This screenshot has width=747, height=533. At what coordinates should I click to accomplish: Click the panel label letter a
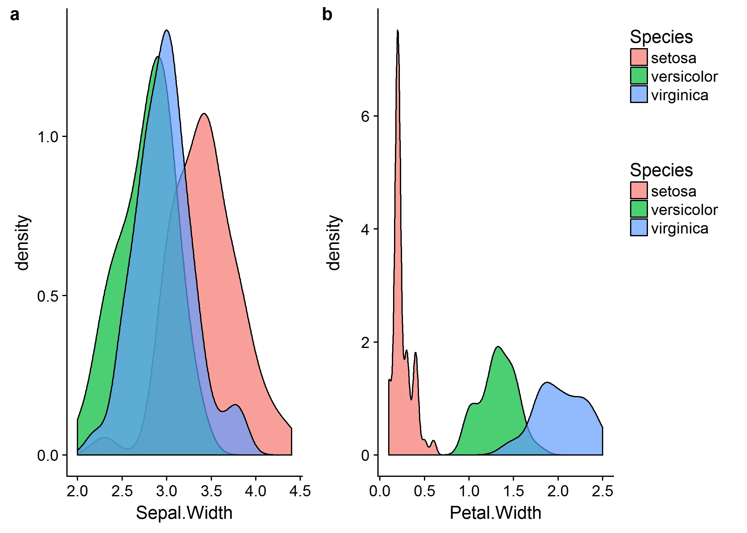tap(15, 15)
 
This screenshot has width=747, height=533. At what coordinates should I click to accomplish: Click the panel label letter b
tap(327, 15)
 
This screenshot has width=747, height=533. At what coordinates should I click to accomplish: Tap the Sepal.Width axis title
tap(184, 513)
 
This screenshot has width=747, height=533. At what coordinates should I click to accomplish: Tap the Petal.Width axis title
tap(495, 513)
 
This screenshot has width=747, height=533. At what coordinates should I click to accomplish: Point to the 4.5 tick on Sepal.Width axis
tap(300, 491)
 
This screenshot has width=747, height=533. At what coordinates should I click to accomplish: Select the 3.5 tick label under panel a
tap(211, 491)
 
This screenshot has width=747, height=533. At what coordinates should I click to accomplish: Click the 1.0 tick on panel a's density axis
tap(48, 137)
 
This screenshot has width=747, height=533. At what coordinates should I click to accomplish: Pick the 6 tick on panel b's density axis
tap(365, 116)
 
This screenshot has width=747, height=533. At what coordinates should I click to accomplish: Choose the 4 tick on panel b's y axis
tap(365, 229)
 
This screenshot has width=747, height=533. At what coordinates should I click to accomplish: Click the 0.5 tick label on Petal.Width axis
tap(424, 491)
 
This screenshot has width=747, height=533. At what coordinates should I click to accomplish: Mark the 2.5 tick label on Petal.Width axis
tap(602, 491)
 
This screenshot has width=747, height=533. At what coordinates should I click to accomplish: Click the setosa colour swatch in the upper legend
tap(639, 57)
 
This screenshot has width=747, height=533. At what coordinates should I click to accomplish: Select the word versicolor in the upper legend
tap(684, 76)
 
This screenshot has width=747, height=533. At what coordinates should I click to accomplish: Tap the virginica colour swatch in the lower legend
tap(639, 227)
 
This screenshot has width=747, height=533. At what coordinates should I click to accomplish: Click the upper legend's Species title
tap(661, 37)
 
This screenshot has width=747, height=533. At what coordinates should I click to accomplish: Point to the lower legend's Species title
tap(661, 170)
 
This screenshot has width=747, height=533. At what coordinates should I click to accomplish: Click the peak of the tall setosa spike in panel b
tap(398, 31)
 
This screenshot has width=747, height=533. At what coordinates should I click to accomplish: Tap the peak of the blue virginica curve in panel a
tap(167, 31)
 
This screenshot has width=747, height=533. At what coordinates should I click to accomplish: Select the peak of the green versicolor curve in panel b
tap(498, 347)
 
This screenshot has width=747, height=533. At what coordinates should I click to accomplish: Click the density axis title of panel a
tap(23, 243)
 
